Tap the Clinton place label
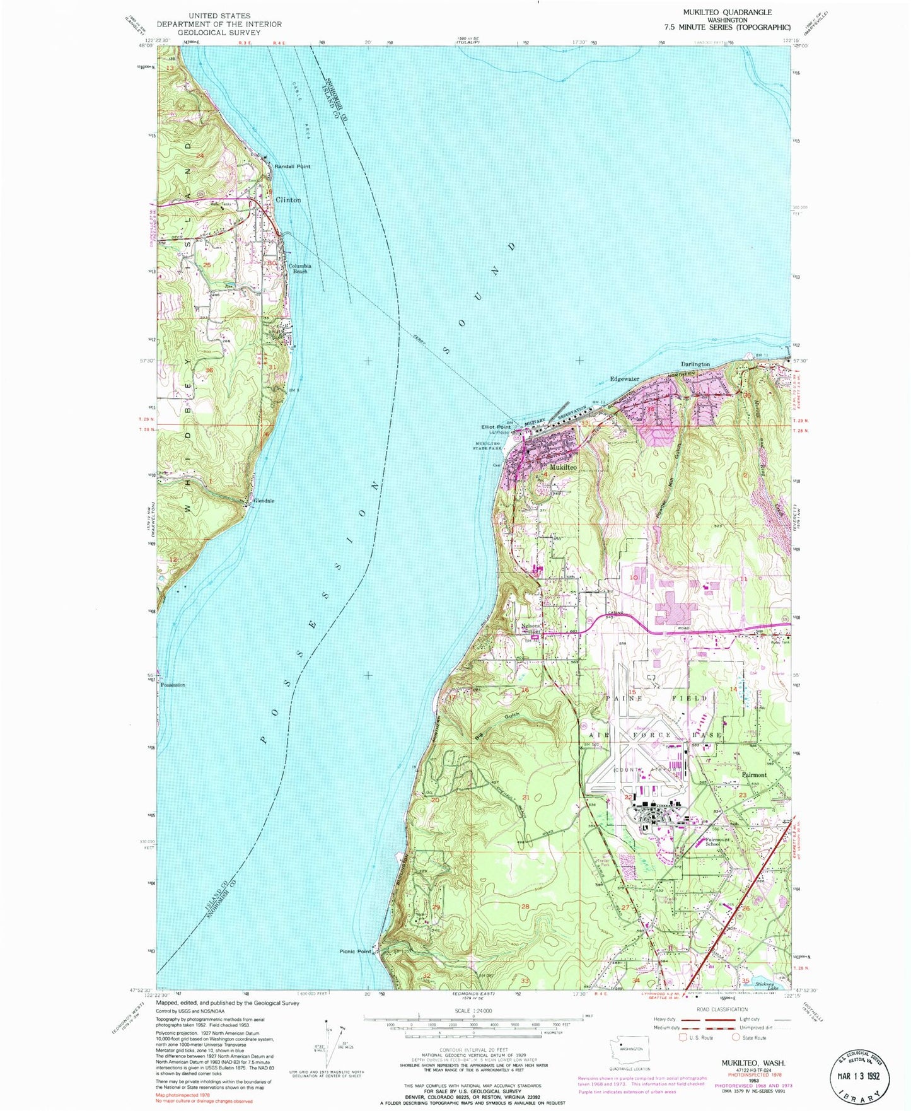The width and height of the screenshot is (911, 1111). [288, 200]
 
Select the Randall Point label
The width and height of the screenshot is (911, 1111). [293, 166]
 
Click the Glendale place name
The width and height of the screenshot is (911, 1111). [264, 501]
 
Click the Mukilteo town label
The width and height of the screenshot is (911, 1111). [563, 468]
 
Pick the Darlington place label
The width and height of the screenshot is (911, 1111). [695, 364]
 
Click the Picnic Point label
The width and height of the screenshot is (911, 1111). [356, 951]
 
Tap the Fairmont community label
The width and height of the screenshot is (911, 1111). [754, 775]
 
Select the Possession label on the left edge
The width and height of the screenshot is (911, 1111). [173, 685]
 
